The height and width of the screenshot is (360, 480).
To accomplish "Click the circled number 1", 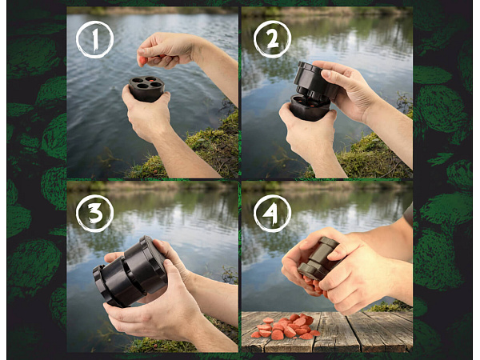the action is click(x=95, y=39).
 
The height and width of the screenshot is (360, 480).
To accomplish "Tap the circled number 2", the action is click(x=272, y=39).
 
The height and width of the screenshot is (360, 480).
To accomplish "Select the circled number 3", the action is click(x=95, y=214).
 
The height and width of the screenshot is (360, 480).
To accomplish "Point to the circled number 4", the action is click(x=272, y=214).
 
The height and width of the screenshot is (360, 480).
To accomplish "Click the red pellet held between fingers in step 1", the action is click(x=143, y=61).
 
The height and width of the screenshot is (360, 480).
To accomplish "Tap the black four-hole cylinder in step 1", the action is click(x=146, y=89).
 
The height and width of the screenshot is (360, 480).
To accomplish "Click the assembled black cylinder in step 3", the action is click(x=130, y=271).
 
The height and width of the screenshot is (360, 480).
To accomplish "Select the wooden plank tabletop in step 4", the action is click(x=327, y=331).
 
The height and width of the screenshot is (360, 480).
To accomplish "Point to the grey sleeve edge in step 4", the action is click(x=408, y=214).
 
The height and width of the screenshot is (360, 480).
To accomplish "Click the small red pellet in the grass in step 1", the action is click(x=155, y=170).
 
